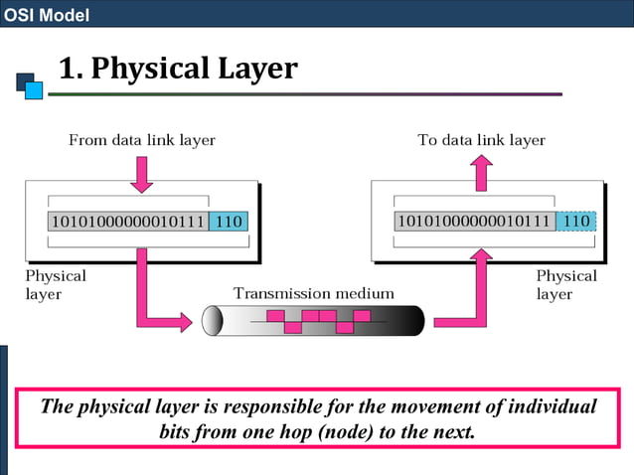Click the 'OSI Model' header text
click(47, 14)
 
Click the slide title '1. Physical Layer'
click(178, 68)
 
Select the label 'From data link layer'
click(141, 140)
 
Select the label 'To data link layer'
click(481, 140)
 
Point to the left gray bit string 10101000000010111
click(128, 221)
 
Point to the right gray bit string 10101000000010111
click(474, 221)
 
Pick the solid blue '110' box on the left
click(229, 221)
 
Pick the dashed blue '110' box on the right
click(576, 221)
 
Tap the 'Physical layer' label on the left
click(56, 284)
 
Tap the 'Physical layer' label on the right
click(566, 284)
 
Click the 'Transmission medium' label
click(313, 293)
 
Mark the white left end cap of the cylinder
click(212, 321)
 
